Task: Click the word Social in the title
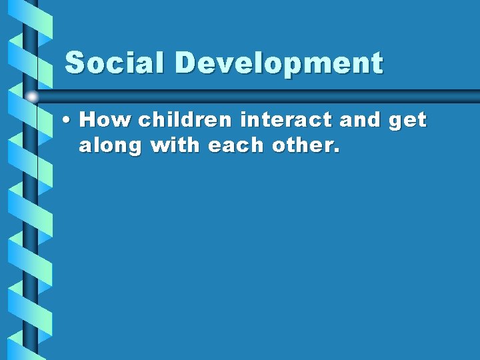[x=113, y=63]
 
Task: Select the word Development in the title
[x=279, y=64]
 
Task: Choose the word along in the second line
[x=111, y=146]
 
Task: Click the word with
[x=177, y=145]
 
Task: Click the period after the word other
[x=337, y=151]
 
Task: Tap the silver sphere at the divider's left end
[x=32, y=96]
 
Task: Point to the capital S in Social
[x=75, y=63]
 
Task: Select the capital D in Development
[x=186, y=63]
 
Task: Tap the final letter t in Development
[x=377, y=64]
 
